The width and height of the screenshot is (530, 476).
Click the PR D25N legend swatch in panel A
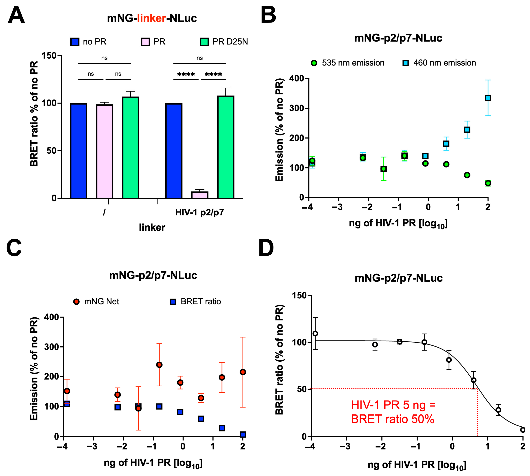coord(204,42)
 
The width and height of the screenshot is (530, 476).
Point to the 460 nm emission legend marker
coord(405,63)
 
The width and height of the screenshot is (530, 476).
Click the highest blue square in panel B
coord(488,98)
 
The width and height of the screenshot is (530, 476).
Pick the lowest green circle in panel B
coord(488,183)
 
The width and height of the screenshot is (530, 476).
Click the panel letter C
coord(14,248)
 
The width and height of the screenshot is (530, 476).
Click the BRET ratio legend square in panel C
coord(173,302)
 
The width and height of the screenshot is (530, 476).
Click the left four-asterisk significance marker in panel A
coord(186,75)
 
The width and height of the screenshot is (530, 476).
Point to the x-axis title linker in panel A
coord(152,228)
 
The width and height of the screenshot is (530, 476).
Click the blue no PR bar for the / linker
coord(78,151)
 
